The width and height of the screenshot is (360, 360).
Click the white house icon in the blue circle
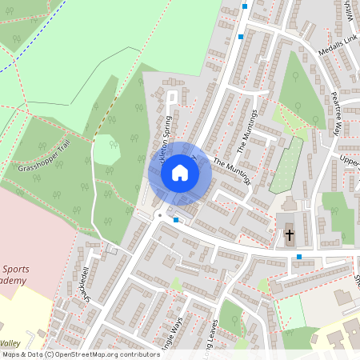180,173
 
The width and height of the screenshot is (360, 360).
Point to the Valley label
11,342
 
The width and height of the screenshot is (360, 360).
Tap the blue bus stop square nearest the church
299,257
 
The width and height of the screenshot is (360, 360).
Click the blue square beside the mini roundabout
176,218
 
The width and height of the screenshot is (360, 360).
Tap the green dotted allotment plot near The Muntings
286,165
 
